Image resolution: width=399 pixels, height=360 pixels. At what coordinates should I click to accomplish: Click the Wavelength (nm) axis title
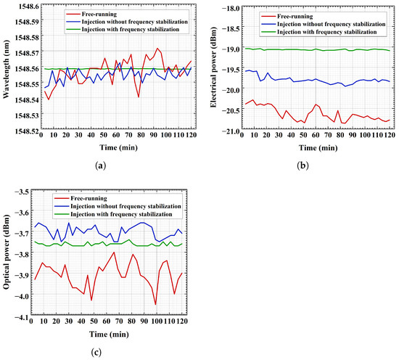[6, 69]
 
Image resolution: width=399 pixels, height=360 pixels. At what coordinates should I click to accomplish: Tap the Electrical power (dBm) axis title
[213, 67]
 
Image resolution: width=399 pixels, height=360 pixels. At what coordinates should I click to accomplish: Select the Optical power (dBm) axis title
[6, 252]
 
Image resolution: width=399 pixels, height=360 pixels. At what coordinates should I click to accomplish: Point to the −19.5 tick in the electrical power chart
[230, 70]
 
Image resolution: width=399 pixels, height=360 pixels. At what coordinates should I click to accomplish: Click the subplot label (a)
[100, 165]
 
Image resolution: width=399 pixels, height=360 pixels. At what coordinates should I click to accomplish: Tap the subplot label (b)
[303, 165]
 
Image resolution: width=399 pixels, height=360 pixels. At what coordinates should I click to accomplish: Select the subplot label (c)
[96, 352]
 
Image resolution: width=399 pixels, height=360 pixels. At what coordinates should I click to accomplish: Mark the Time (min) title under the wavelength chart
[118, 147]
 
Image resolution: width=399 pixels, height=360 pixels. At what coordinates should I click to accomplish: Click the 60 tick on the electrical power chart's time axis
[316, 135]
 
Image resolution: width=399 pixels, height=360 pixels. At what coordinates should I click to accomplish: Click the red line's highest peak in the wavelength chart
[157, 48]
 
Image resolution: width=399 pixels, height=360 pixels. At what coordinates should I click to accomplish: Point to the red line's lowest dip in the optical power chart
[155, 304]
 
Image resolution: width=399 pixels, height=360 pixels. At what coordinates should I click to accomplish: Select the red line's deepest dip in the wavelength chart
[139, 97]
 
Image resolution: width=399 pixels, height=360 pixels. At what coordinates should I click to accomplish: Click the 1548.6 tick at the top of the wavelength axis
[29, 6]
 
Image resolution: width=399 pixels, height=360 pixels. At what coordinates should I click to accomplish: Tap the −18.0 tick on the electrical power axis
[230, 8]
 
